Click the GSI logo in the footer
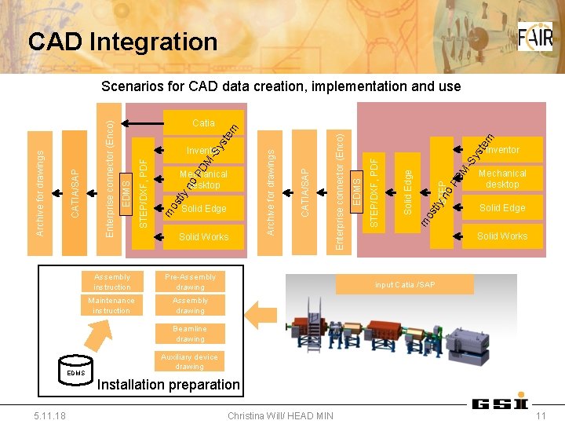499,404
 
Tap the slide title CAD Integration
122,42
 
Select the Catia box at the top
203,122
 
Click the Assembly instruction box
111,282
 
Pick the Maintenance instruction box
111,305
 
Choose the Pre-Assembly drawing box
190,282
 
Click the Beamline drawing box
190,334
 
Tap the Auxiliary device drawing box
190,361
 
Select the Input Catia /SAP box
405,283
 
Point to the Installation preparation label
168,385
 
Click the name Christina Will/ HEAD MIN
280,415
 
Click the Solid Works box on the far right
502,236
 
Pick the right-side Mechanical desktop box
502,178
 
